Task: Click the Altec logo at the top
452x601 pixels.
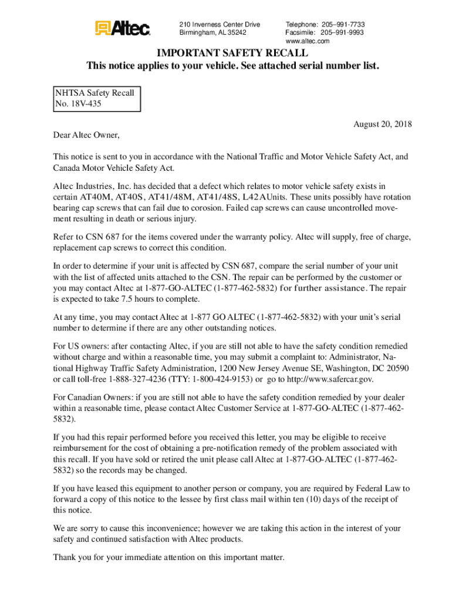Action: (x=123, y=28)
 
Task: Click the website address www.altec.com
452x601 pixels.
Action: (x=307, y=41)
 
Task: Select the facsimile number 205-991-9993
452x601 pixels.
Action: (x=342, y=33)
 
